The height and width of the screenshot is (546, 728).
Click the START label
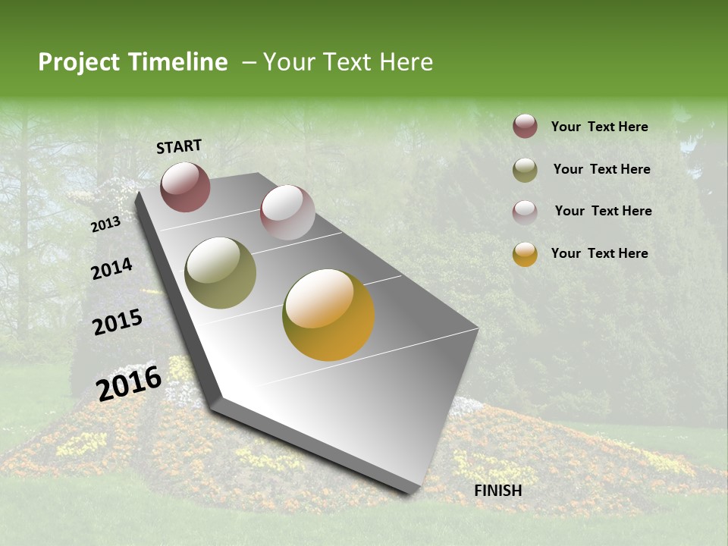[x=179, y=146]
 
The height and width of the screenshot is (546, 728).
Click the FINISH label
[x=498, y=491]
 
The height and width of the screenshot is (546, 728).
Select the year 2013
[x=105, y=224]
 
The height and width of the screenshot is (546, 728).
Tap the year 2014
[x=111, y=268]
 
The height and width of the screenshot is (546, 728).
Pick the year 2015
[x=118, y=322]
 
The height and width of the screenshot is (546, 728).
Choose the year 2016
[x=129, y=383]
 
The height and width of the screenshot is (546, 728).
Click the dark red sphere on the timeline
[x=185, y=187]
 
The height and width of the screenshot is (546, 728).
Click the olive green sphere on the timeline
[x=220, y=273]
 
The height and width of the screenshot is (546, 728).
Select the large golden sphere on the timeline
[x=328, y=315]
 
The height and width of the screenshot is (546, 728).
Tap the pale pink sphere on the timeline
[x=287, y=212]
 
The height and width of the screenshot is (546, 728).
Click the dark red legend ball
[x=525, y=127]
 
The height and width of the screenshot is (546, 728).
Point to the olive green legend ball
[x=525, y=170]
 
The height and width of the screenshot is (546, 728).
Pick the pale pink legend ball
[x=525, y=212]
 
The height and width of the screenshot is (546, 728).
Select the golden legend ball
[x=525, y=254]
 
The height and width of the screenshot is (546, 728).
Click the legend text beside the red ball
[x=599, y=127]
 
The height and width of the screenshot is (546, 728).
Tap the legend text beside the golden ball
[x=599, y=253]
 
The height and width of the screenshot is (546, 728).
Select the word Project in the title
[x=79, y=62]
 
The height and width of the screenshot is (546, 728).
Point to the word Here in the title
[x=406, y=62]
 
